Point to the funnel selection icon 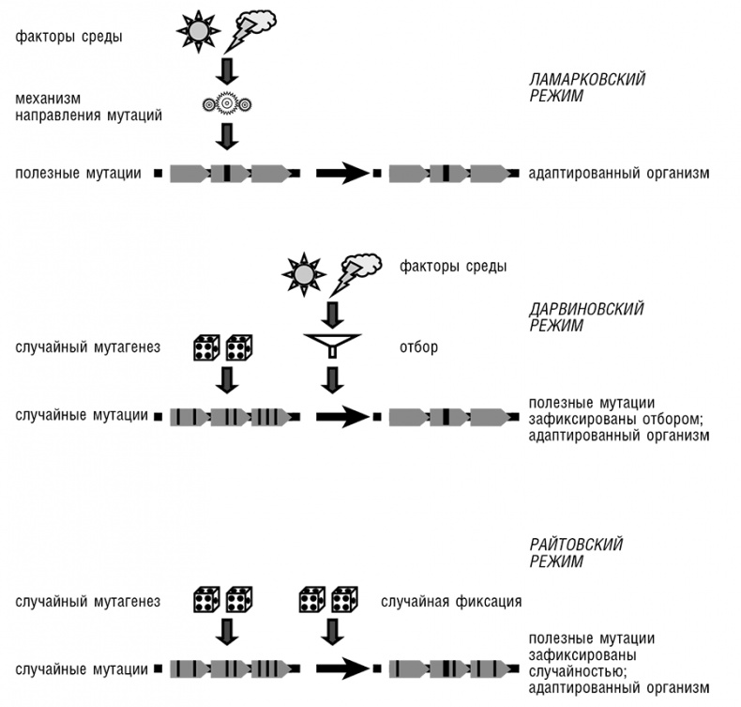click(332, 347)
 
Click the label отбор click(420, 348)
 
